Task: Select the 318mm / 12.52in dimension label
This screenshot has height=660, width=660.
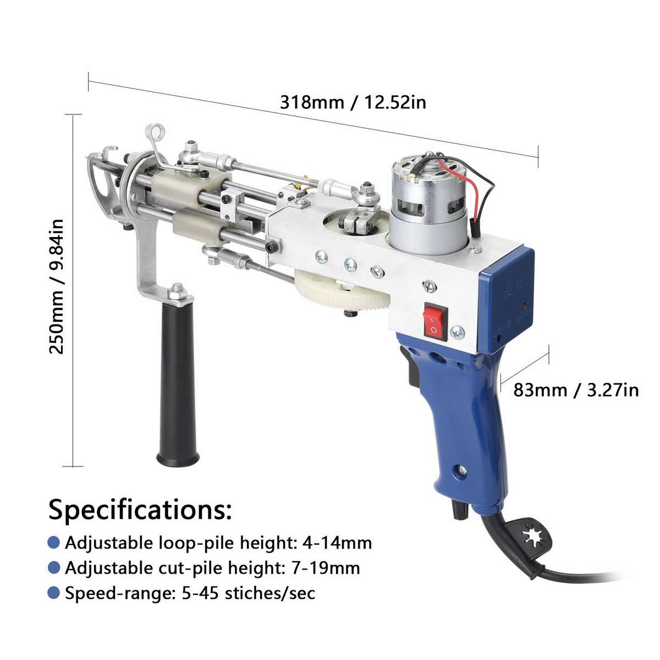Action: click(x=353, y=102)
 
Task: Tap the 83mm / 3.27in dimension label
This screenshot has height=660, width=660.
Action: click(x=576, y=390)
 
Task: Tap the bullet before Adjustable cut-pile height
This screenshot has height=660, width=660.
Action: click(x=53, y=568)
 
